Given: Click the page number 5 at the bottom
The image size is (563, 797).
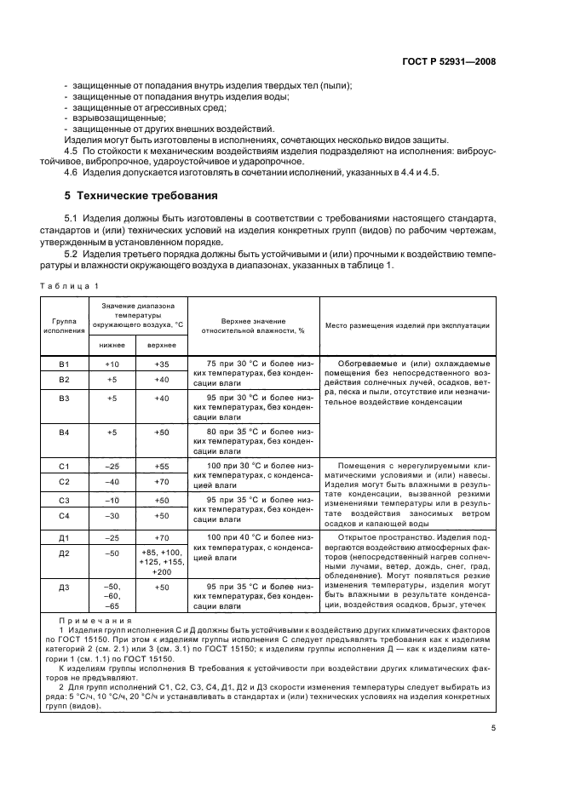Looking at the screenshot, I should [493, 727].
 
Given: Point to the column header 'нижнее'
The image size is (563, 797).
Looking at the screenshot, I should [112, 345].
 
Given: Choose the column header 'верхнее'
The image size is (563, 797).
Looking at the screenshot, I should [162, 345].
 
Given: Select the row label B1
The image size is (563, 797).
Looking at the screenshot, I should [64, 363].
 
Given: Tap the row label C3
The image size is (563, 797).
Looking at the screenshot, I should [64, 500].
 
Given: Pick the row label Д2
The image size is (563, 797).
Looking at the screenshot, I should [64, 553].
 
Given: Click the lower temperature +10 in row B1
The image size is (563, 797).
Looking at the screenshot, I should [112, 363].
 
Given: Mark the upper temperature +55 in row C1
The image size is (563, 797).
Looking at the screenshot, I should [162, 466].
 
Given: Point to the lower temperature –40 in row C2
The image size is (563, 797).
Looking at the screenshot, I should [112, 482].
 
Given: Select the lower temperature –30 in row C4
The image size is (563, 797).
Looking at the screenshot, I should [112, 516].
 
